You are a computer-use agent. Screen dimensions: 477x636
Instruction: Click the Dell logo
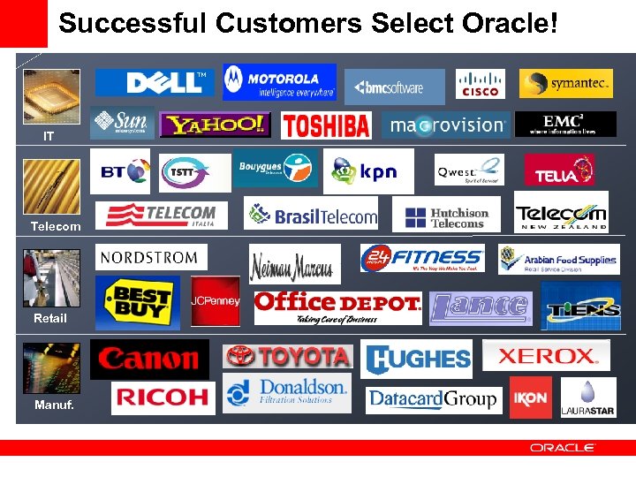156,82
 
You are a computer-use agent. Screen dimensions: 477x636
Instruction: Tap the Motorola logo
279,82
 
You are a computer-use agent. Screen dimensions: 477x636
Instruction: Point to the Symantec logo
566,84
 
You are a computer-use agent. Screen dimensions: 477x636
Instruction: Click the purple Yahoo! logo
215,125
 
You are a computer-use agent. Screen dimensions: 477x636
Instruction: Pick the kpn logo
368,170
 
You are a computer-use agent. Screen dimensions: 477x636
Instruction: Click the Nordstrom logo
151,257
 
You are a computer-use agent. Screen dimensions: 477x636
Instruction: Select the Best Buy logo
137,303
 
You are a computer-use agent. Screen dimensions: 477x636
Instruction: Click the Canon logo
149,359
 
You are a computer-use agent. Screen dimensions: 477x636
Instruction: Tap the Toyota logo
288,356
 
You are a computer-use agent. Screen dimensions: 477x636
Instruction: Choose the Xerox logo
546,356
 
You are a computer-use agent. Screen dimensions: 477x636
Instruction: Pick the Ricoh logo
163,397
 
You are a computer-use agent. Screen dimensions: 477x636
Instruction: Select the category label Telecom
55,226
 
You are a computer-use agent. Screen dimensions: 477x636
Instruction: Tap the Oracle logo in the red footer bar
563,448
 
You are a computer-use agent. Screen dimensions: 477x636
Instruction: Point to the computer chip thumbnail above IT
51,96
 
